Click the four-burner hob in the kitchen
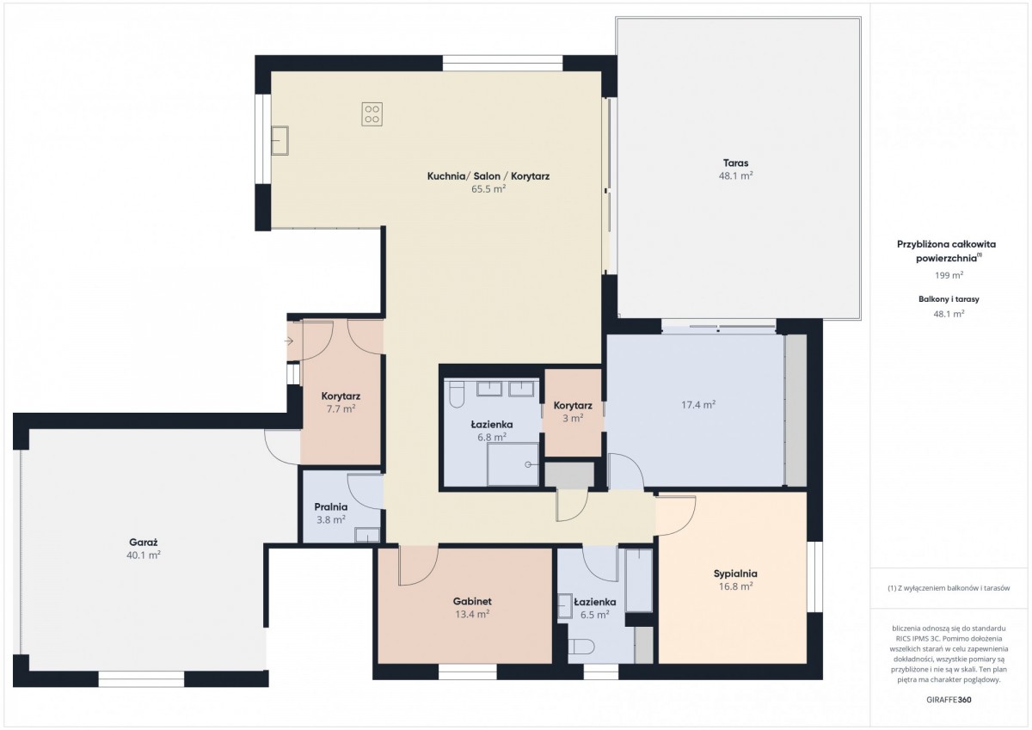372,114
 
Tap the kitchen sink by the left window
279,140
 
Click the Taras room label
736,163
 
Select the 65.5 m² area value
488,189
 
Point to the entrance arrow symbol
289,341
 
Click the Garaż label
144,542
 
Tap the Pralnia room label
331,507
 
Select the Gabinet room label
472,601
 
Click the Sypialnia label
735,574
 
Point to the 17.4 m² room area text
698,405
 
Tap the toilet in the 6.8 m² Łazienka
457,396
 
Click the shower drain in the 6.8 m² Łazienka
528,464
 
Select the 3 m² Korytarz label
573,405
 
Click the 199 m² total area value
949,275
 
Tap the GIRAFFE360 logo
949,700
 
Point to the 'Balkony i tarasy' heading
949,299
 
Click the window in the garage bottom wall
141,679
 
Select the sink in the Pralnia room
367,535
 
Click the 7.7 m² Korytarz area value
341,409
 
